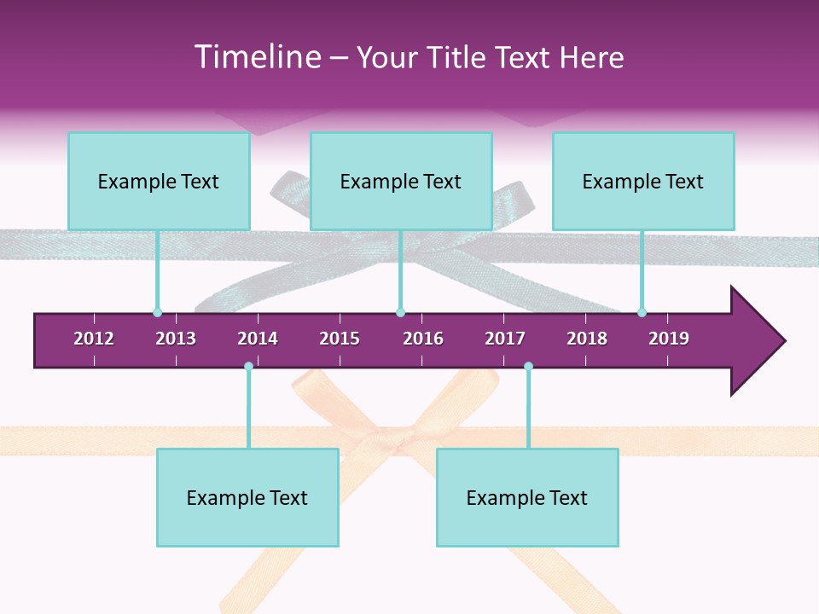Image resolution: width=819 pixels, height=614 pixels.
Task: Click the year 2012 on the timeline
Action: tap(94, 339)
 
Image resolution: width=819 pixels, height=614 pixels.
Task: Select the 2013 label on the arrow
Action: tap(176, 339)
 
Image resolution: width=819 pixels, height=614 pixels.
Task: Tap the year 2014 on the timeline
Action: tap(258, 339)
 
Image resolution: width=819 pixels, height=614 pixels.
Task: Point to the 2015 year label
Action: tap(340, 339)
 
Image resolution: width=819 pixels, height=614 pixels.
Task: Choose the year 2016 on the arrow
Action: tap(423, 339)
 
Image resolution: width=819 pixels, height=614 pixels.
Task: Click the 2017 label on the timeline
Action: tap(505, 339)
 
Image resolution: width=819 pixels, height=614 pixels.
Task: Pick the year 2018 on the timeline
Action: tap(587, 339)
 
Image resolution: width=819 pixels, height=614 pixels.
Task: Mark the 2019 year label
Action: tap(669, 339)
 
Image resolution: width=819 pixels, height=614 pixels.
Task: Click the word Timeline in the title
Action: tap(255, 57)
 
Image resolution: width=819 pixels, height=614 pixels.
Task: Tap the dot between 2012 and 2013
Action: tap(157, 312)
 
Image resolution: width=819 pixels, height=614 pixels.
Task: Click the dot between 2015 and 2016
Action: tap(400, 312)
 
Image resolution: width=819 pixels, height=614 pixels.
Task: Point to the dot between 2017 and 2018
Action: tap(528, 367)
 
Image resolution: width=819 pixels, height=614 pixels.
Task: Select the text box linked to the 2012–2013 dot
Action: tap(159, 181)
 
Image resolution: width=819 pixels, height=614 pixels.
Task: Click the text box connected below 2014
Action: tap(247, 497)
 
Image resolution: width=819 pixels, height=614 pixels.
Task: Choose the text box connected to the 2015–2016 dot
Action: tap(401, 181)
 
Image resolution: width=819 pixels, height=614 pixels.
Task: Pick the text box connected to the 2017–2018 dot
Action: tap(527, 497)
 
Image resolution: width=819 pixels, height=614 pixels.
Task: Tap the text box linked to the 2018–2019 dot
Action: tap(643, 181)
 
